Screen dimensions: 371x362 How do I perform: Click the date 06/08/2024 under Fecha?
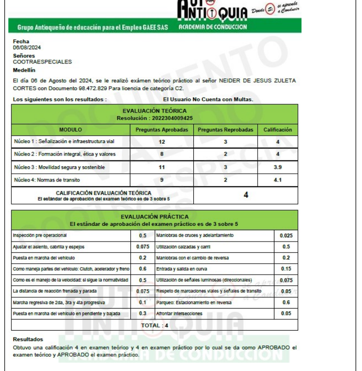[x=24, y=48]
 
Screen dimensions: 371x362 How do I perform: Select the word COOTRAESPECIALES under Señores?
[x=42, y=62]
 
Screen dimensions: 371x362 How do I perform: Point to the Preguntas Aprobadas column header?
[x=161, y=130]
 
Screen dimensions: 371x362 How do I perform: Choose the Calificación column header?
[x=277, y=130]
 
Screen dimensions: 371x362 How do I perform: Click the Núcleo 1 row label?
[x=64, y=142]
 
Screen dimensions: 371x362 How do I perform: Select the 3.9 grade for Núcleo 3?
[x=277, y=168]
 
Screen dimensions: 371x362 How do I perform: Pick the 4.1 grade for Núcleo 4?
[x=277, y=180]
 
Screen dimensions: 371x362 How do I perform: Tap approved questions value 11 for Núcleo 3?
[x=161, y=168]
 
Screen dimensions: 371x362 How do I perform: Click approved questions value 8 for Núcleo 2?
[x=161, y=154]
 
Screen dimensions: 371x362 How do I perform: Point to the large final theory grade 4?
[x=245, y=195]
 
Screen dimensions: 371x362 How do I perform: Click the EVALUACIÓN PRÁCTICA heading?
[x=154, y=216]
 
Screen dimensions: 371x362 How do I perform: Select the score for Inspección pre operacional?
[x=142, y=235]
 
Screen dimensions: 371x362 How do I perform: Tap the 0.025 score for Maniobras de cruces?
[x=286, y=235]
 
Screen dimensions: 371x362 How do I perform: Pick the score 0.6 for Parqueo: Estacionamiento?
[x=286, y=302]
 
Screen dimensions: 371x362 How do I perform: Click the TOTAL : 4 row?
[x=154, y=325]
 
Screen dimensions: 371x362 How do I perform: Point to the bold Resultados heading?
[x=28, y=339]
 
